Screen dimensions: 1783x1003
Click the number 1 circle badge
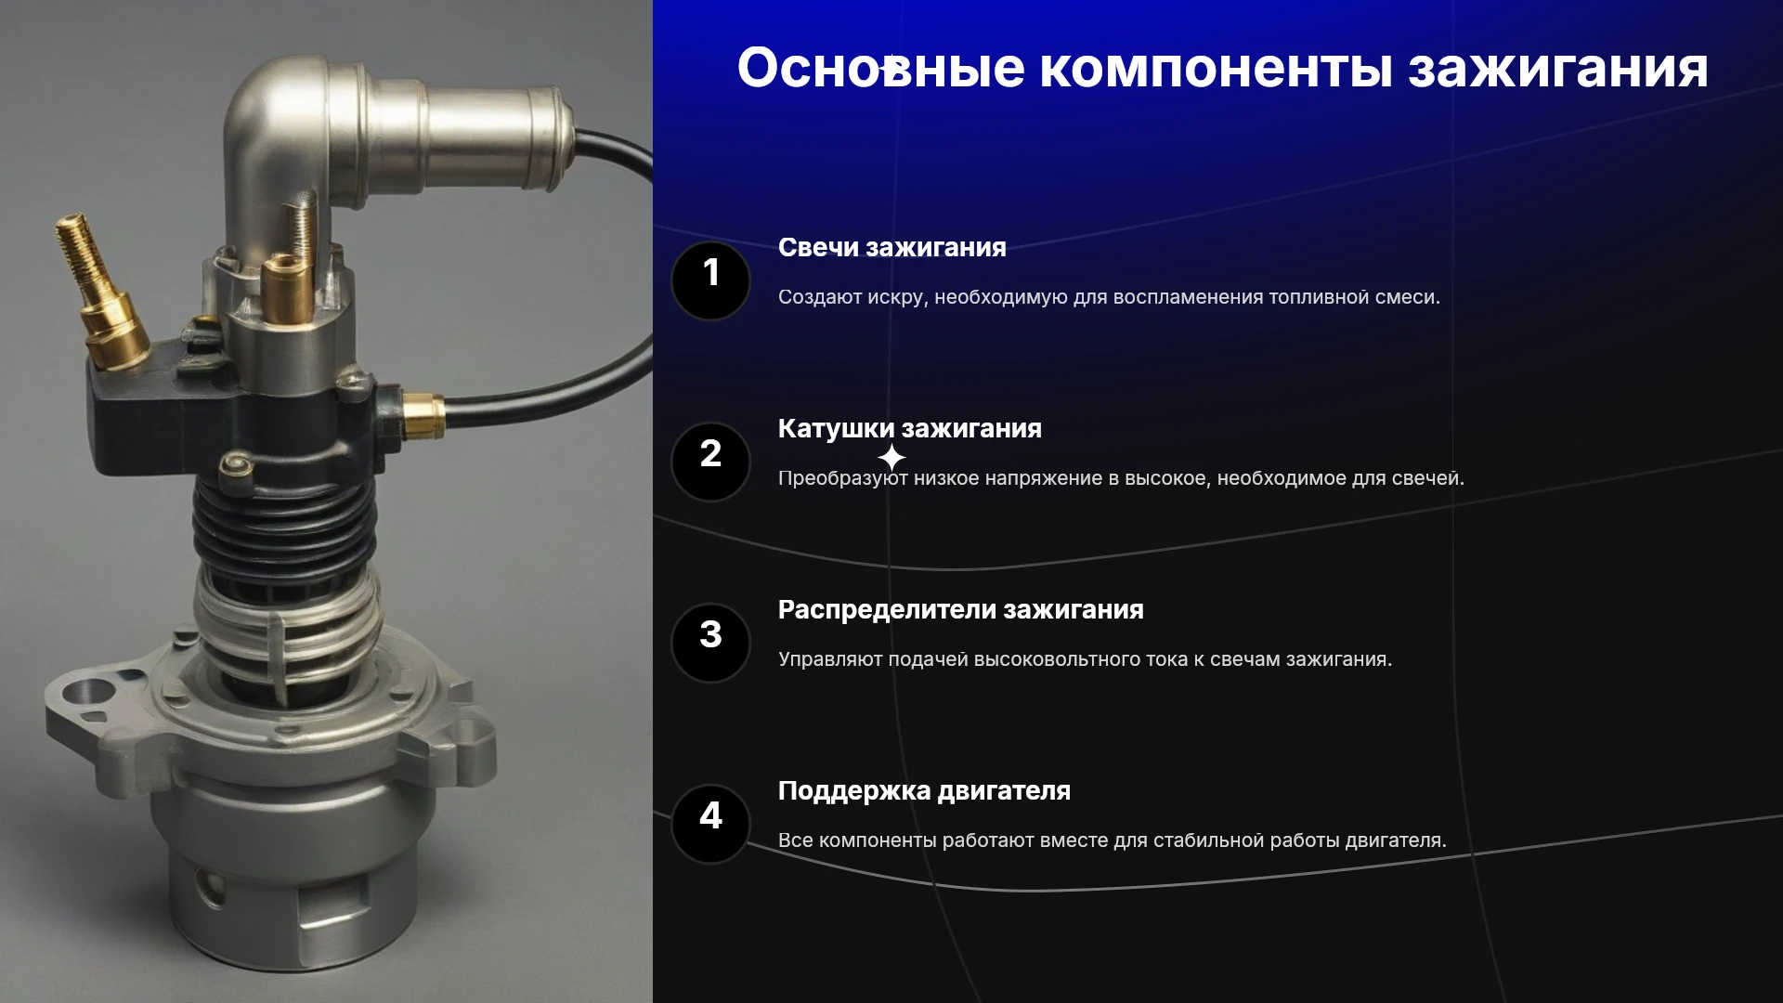point(710,280)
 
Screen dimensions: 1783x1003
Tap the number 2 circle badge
point(710,462)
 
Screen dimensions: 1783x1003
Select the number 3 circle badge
point(710,643)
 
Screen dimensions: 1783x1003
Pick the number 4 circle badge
point(710,824)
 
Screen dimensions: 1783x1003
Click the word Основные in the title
point(881,68)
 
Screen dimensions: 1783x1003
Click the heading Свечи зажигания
point(892,247)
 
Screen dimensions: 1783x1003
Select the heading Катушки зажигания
point(910,428)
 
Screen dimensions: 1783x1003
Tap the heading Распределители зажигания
point(961,609)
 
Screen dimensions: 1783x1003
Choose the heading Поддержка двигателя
point(925,790)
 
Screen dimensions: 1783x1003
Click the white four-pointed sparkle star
point(891,458)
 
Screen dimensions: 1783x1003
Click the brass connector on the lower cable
point(422,415)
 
